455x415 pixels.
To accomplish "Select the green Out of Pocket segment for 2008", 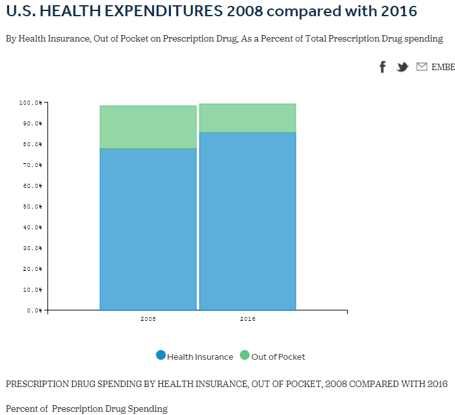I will (x=148, y=127).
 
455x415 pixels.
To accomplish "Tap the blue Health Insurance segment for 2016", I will (x=248, y=221).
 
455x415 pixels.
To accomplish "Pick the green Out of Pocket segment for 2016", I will (x=248, y=118).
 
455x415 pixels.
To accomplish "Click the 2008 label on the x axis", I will (x=148, y=320).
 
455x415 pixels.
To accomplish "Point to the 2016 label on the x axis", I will (x=248, y=320).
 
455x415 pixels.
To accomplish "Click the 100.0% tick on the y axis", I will (x=31, y=103).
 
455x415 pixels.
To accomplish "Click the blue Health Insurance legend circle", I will (x=161, y=355).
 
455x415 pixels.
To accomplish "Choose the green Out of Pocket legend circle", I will (x=244, y=355).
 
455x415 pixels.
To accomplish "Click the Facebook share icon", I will (x=383, y=67).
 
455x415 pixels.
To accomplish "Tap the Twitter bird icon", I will (x=402, y=67).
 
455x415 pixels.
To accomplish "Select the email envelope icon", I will (x=422, y=67).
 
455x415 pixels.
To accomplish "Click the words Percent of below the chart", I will (x=27, y=409).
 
